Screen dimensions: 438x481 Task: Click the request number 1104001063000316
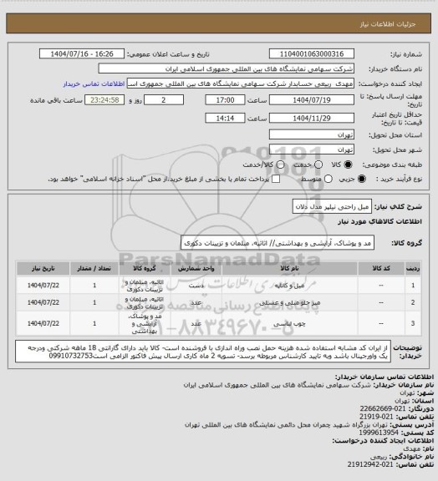315,54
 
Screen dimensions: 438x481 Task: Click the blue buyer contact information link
100,84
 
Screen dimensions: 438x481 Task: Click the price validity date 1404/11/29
315,118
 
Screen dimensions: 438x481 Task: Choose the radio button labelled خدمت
306,163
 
